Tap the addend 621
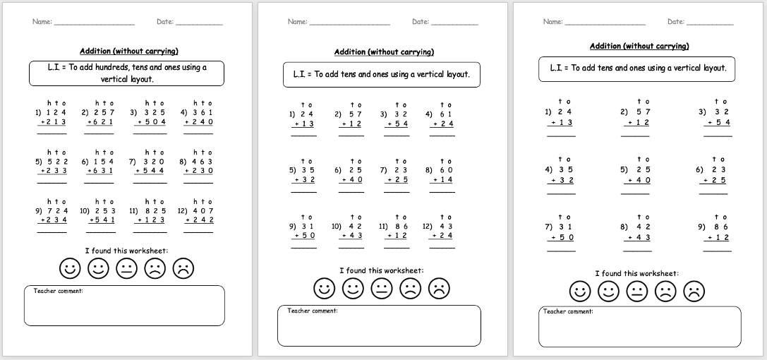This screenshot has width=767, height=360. tap(102, 121)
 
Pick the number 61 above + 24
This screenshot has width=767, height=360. tap(446, 114)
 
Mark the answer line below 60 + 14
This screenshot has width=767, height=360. tap(442, 191)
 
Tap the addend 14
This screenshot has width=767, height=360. tap(446, 179)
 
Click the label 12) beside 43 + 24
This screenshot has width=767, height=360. tap(427, 226)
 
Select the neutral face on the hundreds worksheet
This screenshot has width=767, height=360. tap(126, 268)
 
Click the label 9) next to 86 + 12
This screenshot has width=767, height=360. tap(702, 227)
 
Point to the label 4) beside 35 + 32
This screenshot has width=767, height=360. tap(548, 169)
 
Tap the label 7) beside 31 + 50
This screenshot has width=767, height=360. tap(548, 227)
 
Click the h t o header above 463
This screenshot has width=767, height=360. tap(203, 152)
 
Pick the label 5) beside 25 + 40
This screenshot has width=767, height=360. tap(624, 169)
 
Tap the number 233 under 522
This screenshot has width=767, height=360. tap(54, 170)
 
